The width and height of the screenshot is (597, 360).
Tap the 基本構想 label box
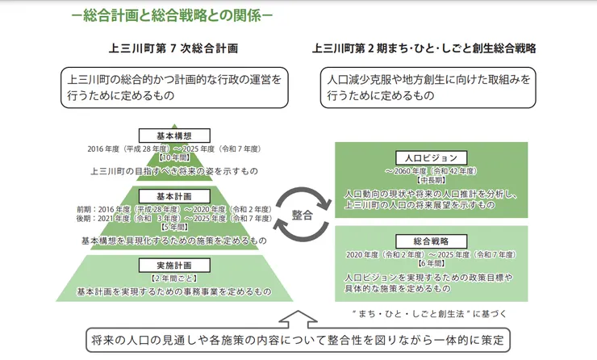174,136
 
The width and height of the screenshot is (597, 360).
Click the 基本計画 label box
174,195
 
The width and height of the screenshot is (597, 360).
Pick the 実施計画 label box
174,265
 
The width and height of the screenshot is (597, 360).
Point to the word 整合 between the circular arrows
303,215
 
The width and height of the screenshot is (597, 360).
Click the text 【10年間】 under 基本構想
174,159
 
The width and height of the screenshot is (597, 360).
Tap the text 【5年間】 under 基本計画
174,229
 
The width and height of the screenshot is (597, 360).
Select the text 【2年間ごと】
174,278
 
